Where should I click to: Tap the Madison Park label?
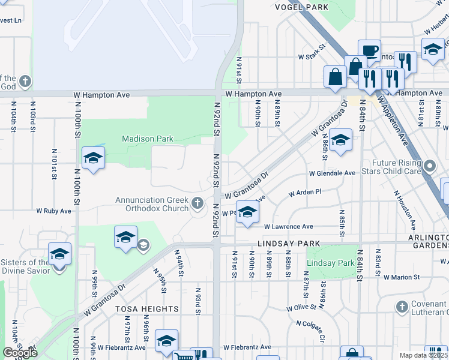point(148,139)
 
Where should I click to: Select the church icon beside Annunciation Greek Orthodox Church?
point(197,205)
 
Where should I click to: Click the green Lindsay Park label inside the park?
point(330,263)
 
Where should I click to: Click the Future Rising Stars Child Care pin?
point(429,164)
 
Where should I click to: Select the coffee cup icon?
point(369,50)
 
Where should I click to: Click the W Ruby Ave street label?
point(54,211)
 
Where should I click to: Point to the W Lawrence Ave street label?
point(289,227)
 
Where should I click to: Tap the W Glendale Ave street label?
point(332,173)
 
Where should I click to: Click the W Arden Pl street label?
point(306,193)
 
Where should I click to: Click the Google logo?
point(20,353)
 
